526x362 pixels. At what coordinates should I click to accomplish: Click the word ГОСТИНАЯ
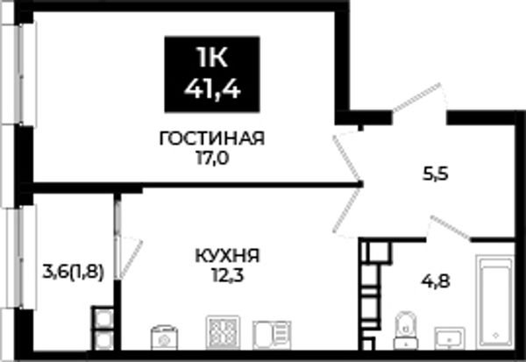click(x=212, y=138)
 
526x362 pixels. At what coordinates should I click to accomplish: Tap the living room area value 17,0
click(x=212, y=159)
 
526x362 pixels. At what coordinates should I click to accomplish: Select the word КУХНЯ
click(x=227, y=257)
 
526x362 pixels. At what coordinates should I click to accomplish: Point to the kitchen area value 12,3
click(x=227, y=276)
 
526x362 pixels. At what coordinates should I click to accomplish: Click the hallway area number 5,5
click(x=435, y=174)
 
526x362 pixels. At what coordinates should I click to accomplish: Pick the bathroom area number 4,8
click(x=436, y=281)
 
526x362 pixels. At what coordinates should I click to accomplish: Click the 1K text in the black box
click(x=213, y=58)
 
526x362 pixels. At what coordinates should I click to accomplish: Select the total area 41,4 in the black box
click(x=212, y=89)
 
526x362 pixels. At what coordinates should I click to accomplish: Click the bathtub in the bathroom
click(x=495, y=302)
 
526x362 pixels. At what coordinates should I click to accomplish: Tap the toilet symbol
click(x=406, y=330)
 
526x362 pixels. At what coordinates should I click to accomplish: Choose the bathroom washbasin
click(x=450, y=338)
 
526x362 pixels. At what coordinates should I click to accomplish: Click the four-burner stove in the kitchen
click(x=223, y=332)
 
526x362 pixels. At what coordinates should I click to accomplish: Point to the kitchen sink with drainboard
click(x=272, y=335)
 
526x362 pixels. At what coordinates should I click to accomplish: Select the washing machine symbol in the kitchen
click(x=164, y=337)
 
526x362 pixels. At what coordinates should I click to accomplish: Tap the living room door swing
click(x=347, y=156)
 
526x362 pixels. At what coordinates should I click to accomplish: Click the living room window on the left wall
click(x=21, y=75)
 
